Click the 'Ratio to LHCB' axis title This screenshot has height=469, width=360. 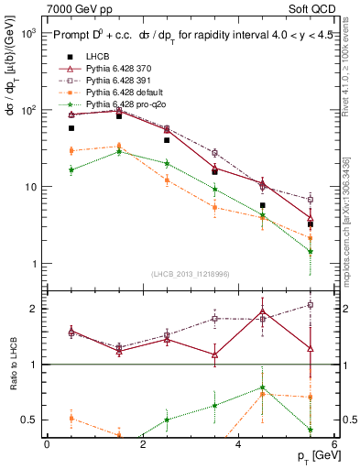point(12,365)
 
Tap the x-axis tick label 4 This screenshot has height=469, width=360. point(238,443)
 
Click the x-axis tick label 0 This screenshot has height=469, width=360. point(47,443)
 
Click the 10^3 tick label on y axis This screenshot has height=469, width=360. point(27,32)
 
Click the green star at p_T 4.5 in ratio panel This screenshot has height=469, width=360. point(263,387)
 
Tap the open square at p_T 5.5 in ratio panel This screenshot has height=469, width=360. point(311,304)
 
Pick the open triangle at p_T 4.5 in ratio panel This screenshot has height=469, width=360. point(263,316)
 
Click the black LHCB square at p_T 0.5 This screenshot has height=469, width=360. point(71,128)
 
